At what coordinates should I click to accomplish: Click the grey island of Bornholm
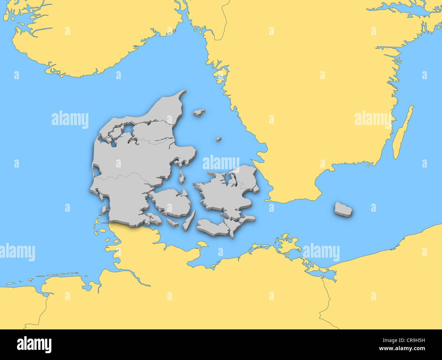(343, 208)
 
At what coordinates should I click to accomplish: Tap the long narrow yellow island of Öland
(402, 133)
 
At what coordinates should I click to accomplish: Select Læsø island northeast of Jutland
(199, 112)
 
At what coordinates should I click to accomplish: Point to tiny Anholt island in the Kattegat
(218, 139)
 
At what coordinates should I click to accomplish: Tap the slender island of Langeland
(189, 220)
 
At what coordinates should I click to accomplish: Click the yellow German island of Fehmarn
(202, 244)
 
